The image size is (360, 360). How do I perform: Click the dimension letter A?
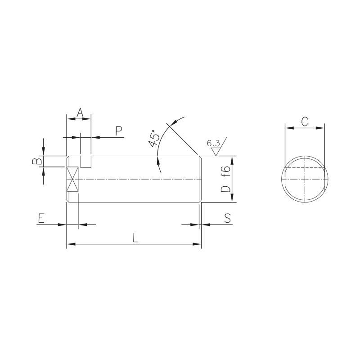point(80,112)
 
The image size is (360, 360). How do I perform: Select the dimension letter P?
point(118,131)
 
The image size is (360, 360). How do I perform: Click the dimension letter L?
point(136,238)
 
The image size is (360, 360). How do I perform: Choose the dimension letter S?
point(227,218)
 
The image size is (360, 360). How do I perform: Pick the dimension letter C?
point(305,121)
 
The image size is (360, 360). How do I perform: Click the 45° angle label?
point(154,138)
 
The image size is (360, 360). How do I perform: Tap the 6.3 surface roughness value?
point(213,144)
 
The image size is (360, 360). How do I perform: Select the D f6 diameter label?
point(225,179)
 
